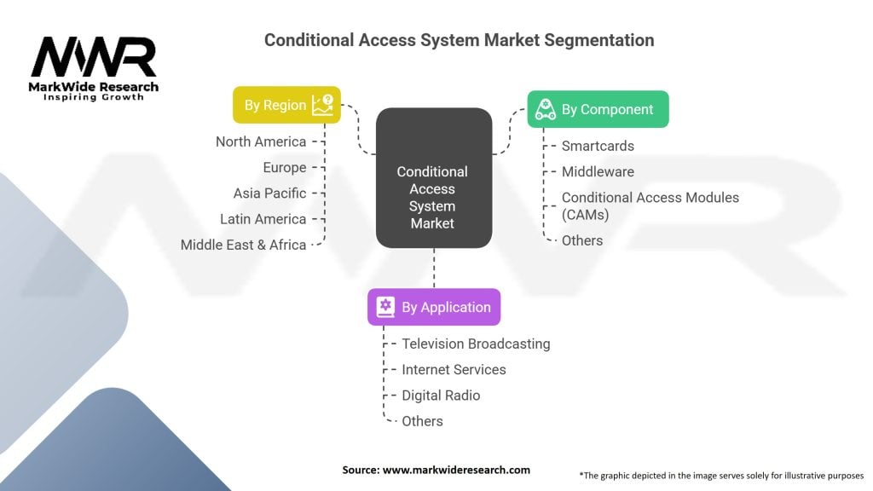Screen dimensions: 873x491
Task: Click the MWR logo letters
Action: (x=94, y=57)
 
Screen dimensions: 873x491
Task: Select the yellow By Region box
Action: (x=286, y=105)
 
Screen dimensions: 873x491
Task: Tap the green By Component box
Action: (x=598, y=109)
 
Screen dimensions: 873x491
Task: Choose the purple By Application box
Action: (x=434, y=307)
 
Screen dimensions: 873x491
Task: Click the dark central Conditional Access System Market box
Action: (x=434, y=177)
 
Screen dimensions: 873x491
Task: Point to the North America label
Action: (x=261, y=142)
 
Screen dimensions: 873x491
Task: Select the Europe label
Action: (x=285, y=168)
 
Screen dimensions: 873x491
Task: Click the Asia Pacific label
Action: (x=269, y=194)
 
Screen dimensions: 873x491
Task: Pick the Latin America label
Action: (x=263, y=219)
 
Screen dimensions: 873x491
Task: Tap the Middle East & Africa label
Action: (x=243, y=245)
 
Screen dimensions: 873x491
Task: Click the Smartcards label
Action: (x=598, y=146)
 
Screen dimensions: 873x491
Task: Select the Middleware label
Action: (x=598, y=171)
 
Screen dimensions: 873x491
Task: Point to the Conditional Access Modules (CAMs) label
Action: (x=650, y=206)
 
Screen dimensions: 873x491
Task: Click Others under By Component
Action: (x=582, y=240)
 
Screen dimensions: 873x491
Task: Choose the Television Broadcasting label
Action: (x=476, y=344)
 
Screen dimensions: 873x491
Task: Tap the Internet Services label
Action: (x=454, y=370)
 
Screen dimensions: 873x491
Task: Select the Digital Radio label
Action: (x=441, y=396)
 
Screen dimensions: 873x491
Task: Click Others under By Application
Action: (x=423, y=421)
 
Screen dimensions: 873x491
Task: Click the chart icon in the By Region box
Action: (x=322, y=105)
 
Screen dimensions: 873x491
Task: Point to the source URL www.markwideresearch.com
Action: (x=456, y=470)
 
